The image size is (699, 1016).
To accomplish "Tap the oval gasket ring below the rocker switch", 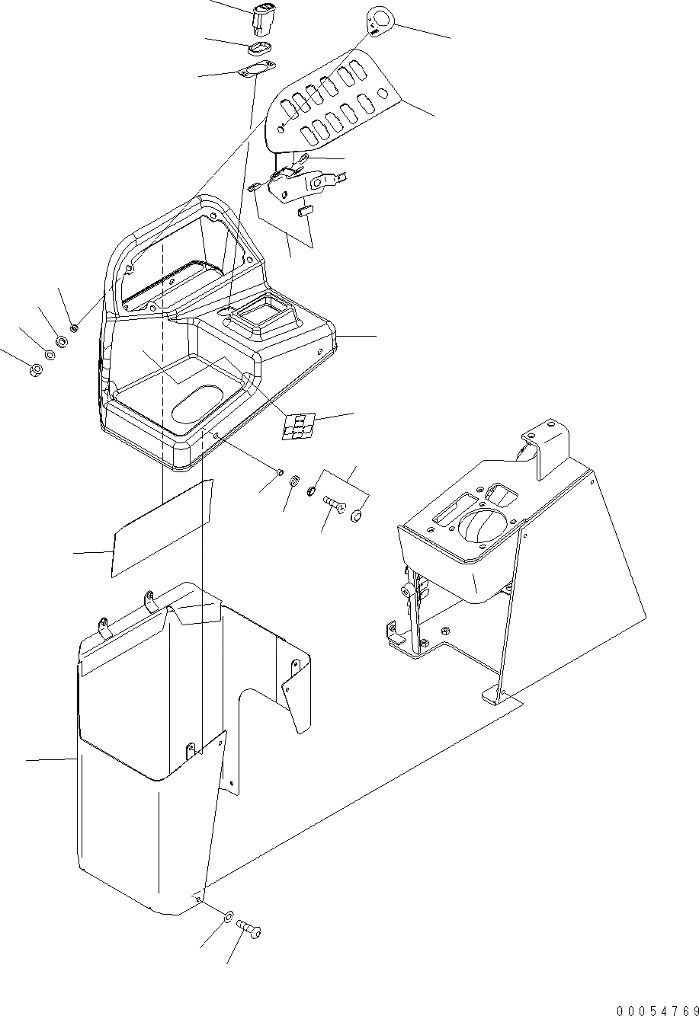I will (x=260, y=50).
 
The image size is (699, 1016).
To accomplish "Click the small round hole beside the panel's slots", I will (x=386, y=94).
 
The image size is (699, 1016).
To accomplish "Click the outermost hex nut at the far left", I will (x=34, y=371).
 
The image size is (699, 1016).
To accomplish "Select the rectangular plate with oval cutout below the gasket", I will (x=255, y=70).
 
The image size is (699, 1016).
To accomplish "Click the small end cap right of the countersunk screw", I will (x=356, y=517).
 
